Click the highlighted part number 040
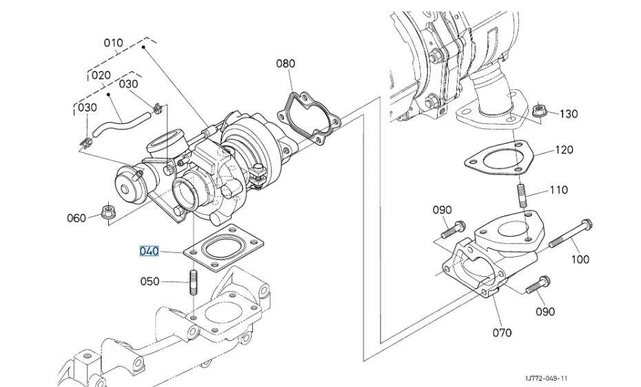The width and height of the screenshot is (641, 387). click(x=149, y=251)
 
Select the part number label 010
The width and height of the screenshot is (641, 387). click(x=113, y=43)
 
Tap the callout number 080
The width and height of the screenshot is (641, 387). click(x=285, y=63)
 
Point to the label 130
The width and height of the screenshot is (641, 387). click(x=569, y=114)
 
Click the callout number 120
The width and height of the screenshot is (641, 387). click(x=564, y=150)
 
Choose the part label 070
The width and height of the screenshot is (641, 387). click(x=502, y=333)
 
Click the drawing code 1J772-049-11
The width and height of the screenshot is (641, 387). click(x=546, y=379)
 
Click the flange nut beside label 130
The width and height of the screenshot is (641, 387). click(x=540, y=110)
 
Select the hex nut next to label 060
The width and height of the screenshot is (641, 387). click(x=108, y=211)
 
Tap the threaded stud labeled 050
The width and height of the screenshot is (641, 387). click(x=194, y=282)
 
